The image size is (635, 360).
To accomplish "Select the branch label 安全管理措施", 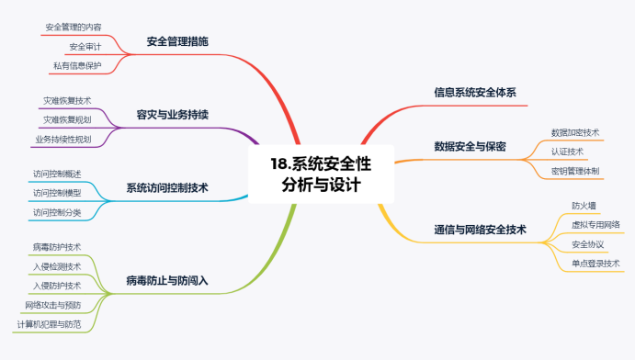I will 177,41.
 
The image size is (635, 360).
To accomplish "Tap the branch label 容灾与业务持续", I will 173,115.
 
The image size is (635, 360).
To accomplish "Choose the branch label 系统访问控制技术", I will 167,187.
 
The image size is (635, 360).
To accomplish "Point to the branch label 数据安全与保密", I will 470,147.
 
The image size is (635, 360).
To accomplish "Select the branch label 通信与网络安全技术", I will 480,230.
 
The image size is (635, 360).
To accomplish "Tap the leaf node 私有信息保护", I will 77,65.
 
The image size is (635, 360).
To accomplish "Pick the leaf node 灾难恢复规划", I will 67,119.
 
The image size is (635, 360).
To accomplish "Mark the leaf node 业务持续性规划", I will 62,140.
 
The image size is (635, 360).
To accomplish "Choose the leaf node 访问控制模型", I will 56,193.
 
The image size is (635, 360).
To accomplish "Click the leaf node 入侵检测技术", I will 57,266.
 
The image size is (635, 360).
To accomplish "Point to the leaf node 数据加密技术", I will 575,132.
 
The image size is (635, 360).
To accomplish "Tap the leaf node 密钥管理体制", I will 575,171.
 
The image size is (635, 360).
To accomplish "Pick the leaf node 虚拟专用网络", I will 595,224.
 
